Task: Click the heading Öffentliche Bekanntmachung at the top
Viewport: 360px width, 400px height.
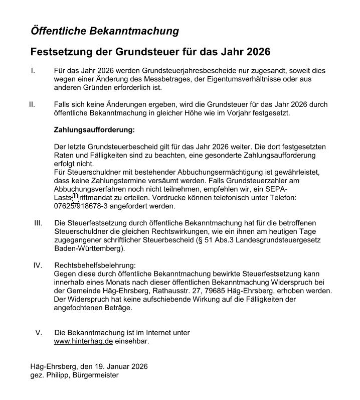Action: pos(104,31)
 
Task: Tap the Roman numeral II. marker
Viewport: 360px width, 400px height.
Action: pos(32,104)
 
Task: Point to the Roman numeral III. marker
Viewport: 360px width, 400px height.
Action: pos(38,222)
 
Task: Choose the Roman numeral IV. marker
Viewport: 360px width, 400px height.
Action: pos(38,265)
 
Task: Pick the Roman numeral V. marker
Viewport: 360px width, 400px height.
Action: pos(39,333)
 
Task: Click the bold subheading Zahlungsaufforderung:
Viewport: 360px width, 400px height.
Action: pos(94,129)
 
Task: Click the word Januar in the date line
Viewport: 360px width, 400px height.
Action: pos(112,366)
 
